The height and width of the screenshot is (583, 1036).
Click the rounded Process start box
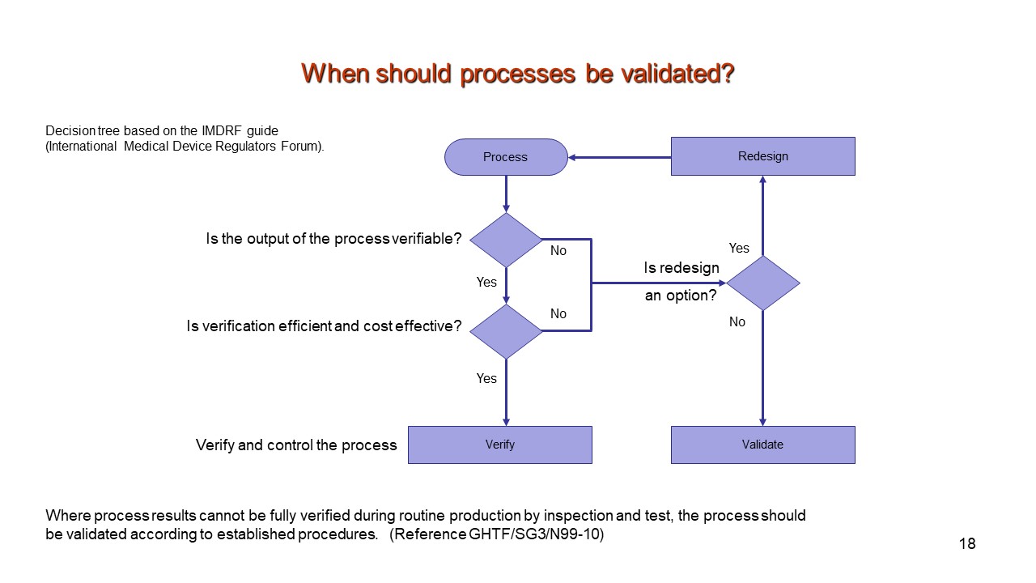tap(506, 157)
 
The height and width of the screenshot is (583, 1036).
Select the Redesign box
tap(763, 156)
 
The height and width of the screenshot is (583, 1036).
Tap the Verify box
tap(500, 445)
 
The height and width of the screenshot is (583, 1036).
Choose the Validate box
tap(763, 445)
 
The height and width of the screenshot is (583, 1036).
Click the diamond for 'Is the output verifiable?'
tap(506, 240)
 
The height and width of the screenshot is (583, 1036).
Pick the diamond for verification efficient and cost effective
tap(506, 331)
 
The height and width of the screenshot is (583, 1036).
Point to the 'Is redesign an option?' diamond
tap(763, 283)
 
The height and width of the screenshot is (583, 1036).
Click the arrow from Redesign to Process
tap(619, 157)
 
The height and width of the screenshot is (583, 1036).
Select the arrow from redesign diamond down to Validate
tap(763, 368)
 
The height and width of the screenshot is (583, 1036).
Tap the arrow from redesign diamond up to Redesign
tap(763, 215)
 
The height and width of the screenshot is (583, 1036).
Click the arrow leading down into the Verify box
tap(506, 393)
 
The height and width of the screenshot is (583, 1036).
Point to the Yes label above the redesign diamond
tap(739, 248)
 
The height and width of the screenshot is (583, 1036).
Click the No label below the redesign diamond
tap(737, 321)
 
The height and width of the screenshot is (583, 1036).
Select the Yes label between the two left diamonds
tap(486, 282)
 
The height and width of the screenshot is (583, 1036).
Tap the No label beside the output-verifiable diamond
tap(558, 250)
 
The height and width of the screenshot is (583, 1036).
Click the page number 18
tap(967, 543)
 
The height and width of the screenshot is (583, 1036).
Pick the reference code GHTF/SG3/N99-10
tap(534, 534)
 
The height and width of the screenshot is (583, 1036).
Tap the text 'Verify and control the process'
tap(296, 445)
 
